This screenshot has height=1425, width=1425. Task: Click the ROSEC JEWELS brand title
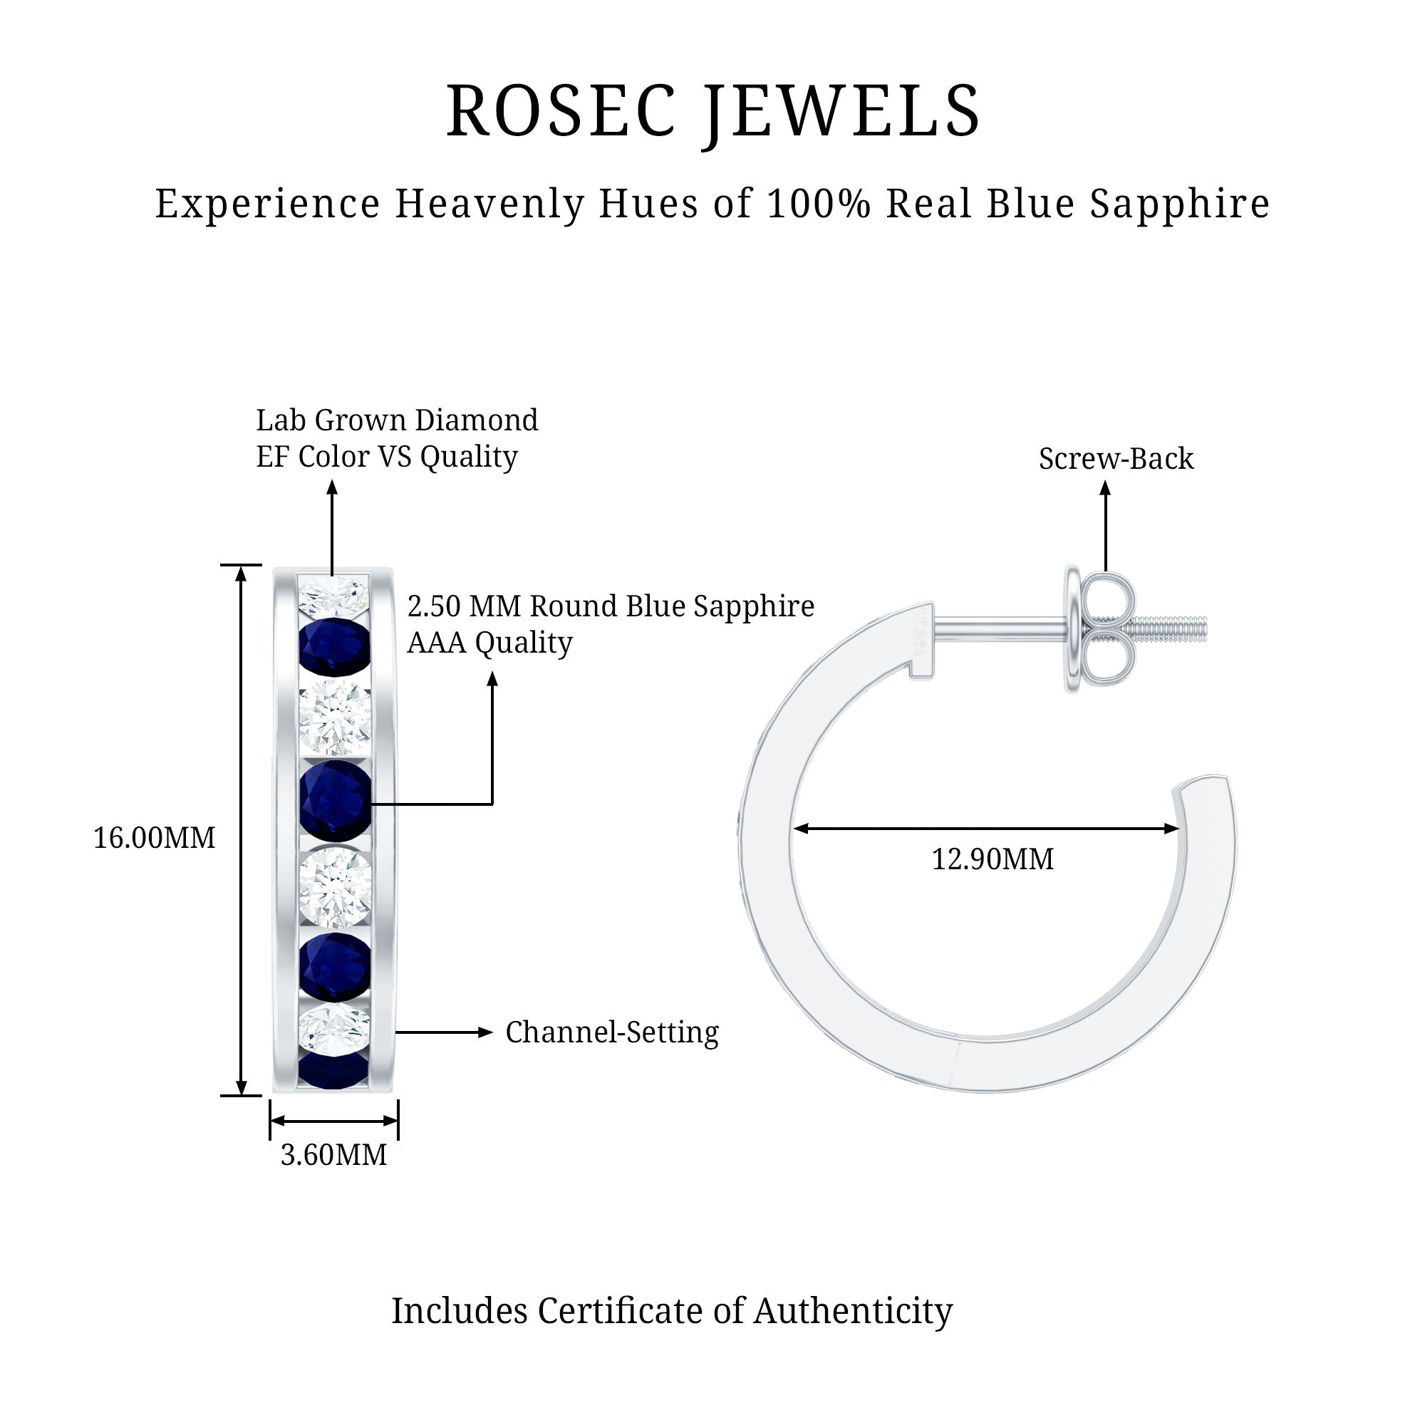[712, 110]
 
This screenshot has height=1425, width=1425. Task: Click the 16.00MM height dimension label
[154, 838]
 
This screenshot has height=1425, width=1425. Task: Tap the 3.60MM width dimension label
[333, 1154]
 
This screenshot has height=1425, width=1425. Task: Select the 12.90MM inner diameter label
[992, 859]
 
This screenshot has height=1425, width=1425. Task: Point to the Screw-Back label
[1115, 459]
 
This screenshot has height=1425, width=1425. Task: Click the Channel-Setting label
[611, 1032]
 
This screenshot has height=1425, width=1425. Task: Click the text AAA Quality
[489, 643]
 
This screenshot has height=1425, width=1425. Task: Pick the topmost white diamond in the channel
[333, 596]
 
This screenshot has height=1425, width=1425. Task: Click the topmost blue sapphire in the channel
[335, 645]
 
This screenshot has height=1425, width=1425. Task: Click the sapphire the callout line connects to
[335, 802]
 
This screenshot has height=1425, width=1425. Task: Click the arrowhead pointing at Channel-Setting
[485, 1032]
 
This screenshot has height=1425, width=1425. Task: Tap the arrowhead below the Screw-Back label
[1105, 488]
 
